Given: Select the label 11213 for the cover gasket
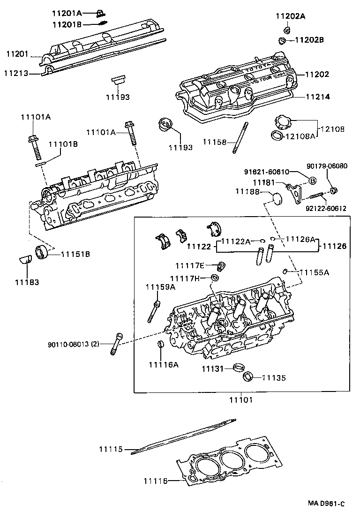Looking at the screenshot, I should (15, 73).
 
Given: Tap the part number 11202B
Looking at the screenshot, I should (309, 40).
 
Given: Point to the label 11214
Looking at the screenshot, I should (317, 97).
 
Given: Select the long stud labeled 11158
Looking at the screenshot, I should (239, 137).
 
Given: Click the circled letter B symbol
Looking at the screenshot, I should (313, 181).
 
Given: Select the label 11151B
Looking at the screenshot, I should (75, 254).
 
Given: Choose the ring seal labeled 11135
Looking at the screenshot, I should (247, 376).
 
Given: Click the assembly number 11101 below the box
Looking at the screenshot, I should (241, 400).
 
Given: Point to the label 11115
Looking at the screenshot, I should (110, 449).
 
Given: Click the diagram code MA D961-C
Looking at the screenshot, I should (326, 504).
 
